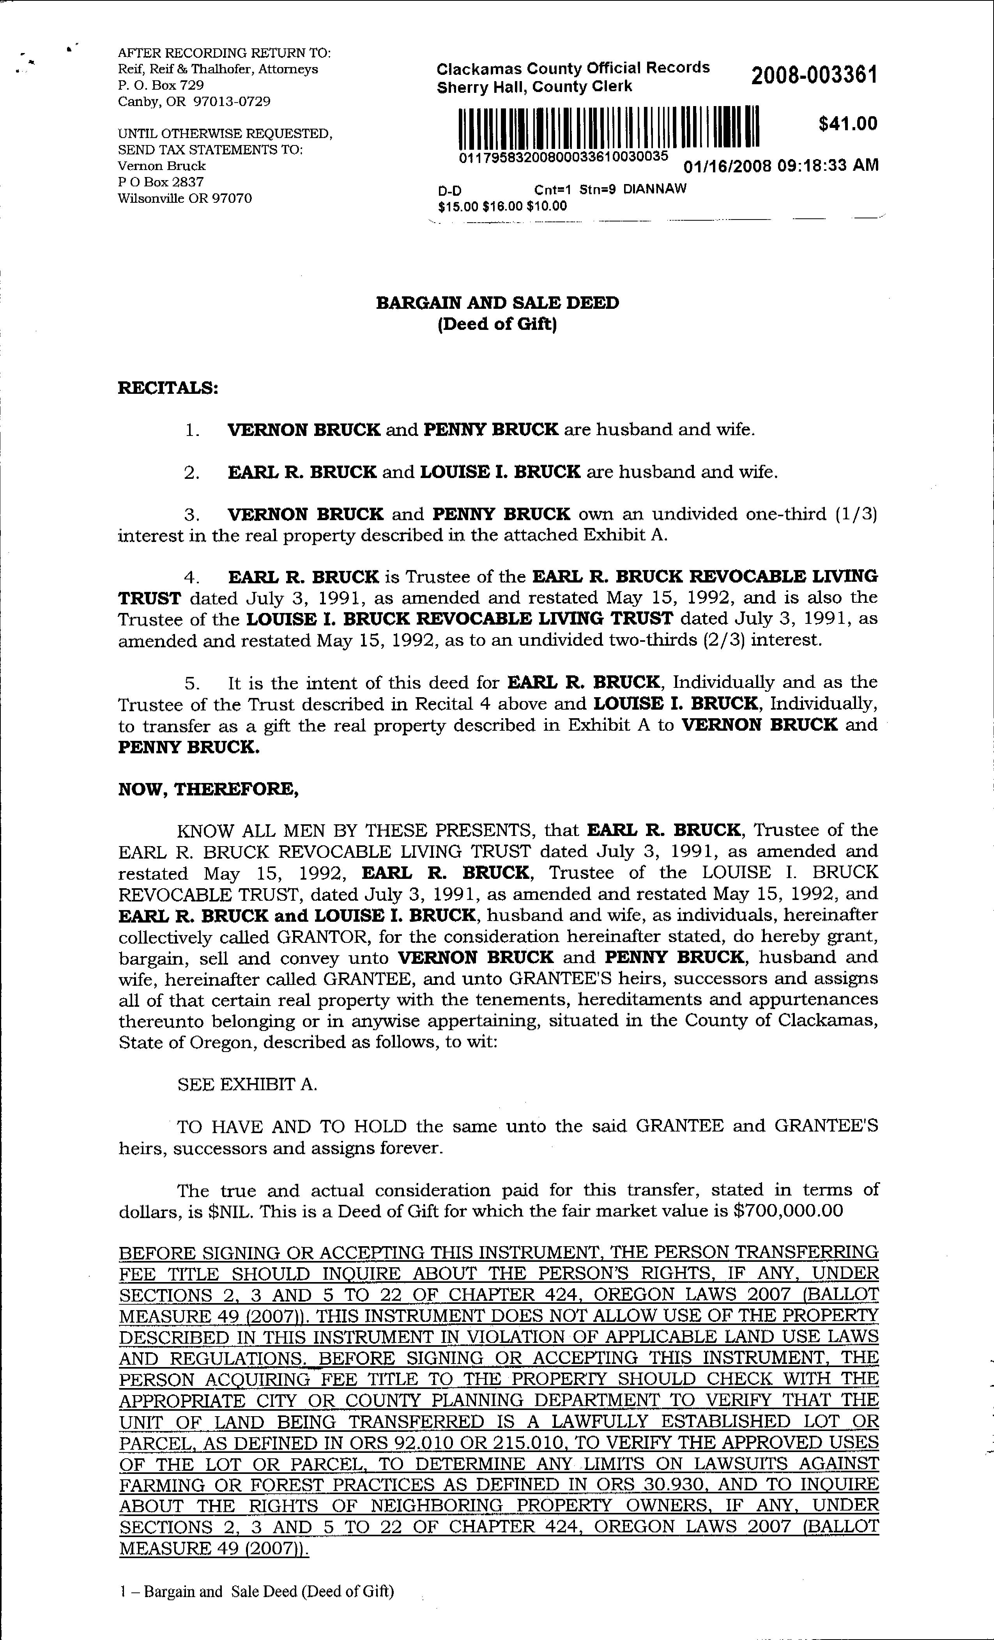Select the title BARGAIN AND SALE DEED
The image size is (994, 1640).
point(497,303)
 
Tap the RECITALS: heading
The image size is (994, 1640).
point(168,388)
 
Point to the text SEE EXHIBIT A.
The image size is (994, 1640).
point(248,1084)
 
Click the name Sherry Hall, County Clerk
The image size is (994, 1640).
point(534,87)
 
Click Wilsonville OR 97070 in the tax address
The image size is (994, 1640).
point(185,198)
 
